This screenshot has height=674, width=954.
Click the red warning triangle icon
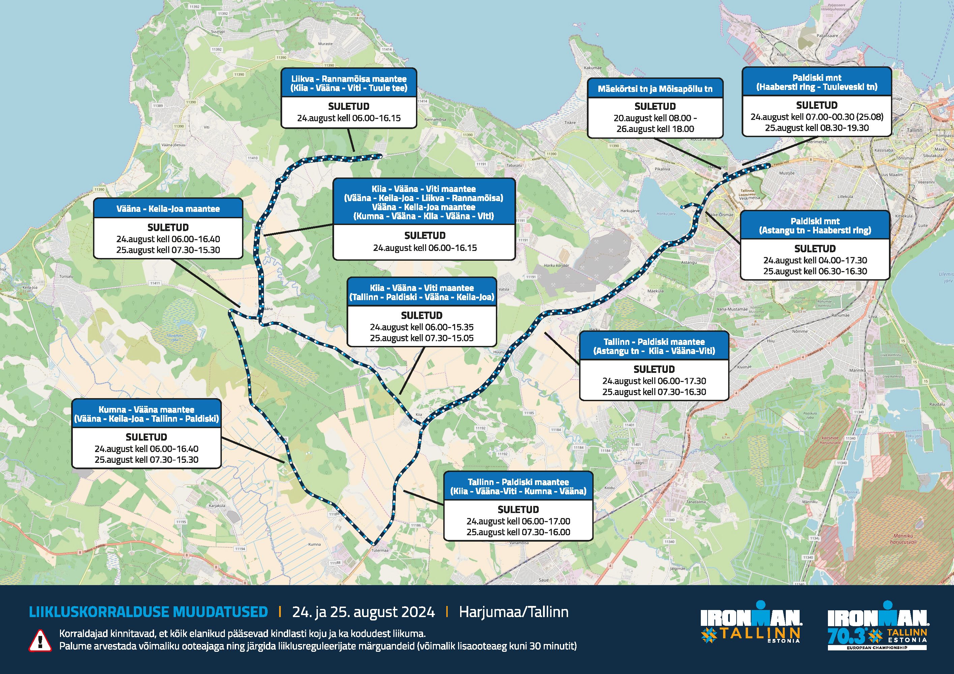coord(40,640)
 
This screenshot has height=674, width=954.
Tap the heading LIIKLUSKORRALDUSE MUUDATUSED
coord(148,612)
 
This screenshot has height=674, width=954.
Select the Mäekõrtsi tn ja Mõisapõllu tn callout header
coord(655,89)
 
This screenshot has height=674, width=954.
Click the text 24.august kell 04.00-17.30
coord(815,260)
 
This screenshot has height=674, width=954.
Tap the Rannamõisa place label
coord(435,120)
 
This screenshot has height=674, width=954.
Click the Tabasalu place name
coord(514,165)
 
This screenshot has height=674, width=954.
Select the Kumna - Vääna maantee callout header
coord(146,414)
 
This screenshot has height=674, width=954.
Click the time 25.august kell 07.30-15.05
coord(421,338)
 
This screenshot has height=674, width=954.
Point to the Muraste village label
coord(325,43)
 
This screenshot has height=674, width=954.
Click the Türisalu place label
coord(66,276)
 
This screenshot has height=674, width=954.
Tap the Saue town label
coord(543,580)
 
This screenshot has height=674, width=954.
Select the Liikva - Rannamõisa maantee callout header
coord(349,83)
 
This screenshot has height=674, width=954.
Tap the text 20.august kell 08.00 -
coord(655,118)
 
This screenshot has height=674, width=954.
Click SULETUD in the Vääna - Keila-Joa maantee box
coord(168,228)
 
